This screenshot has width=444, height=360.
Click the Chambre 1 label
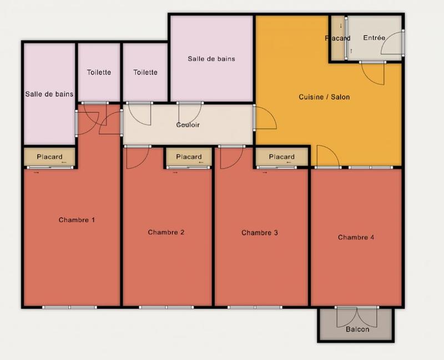coord(77,220)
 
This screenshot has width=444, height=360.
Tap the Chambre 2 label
coord(166,232)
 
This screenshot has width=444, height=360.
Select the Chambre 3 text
coord(260,233)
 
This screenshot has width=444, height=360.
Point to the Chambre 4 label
coord(356,237)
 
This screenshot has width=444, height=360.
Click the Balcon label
coord(357,329)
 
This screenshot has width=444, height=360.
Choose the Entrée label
coord(374,38)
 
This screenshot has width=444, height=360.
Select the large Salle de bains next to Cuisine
coord(211,58)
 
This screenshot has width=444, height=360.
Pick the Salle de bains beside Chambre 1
coord(49,94)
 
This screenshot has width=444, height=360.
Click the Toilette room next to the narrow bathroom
coord(99,72)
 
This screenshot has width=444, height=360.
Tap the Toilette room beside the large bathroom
coord(145,72)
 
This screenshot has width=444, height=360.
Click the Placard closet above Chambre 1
coord(49,157)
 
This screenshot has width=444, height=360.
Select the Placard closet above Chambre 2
coord(189,157)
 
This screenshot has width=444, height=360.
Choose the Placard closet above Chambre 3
coord(281,157)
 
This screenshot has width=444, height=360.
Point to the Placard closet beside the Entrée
coord(337,38)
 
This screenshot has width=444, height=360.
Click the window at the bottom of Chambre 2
coord(166,307)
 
